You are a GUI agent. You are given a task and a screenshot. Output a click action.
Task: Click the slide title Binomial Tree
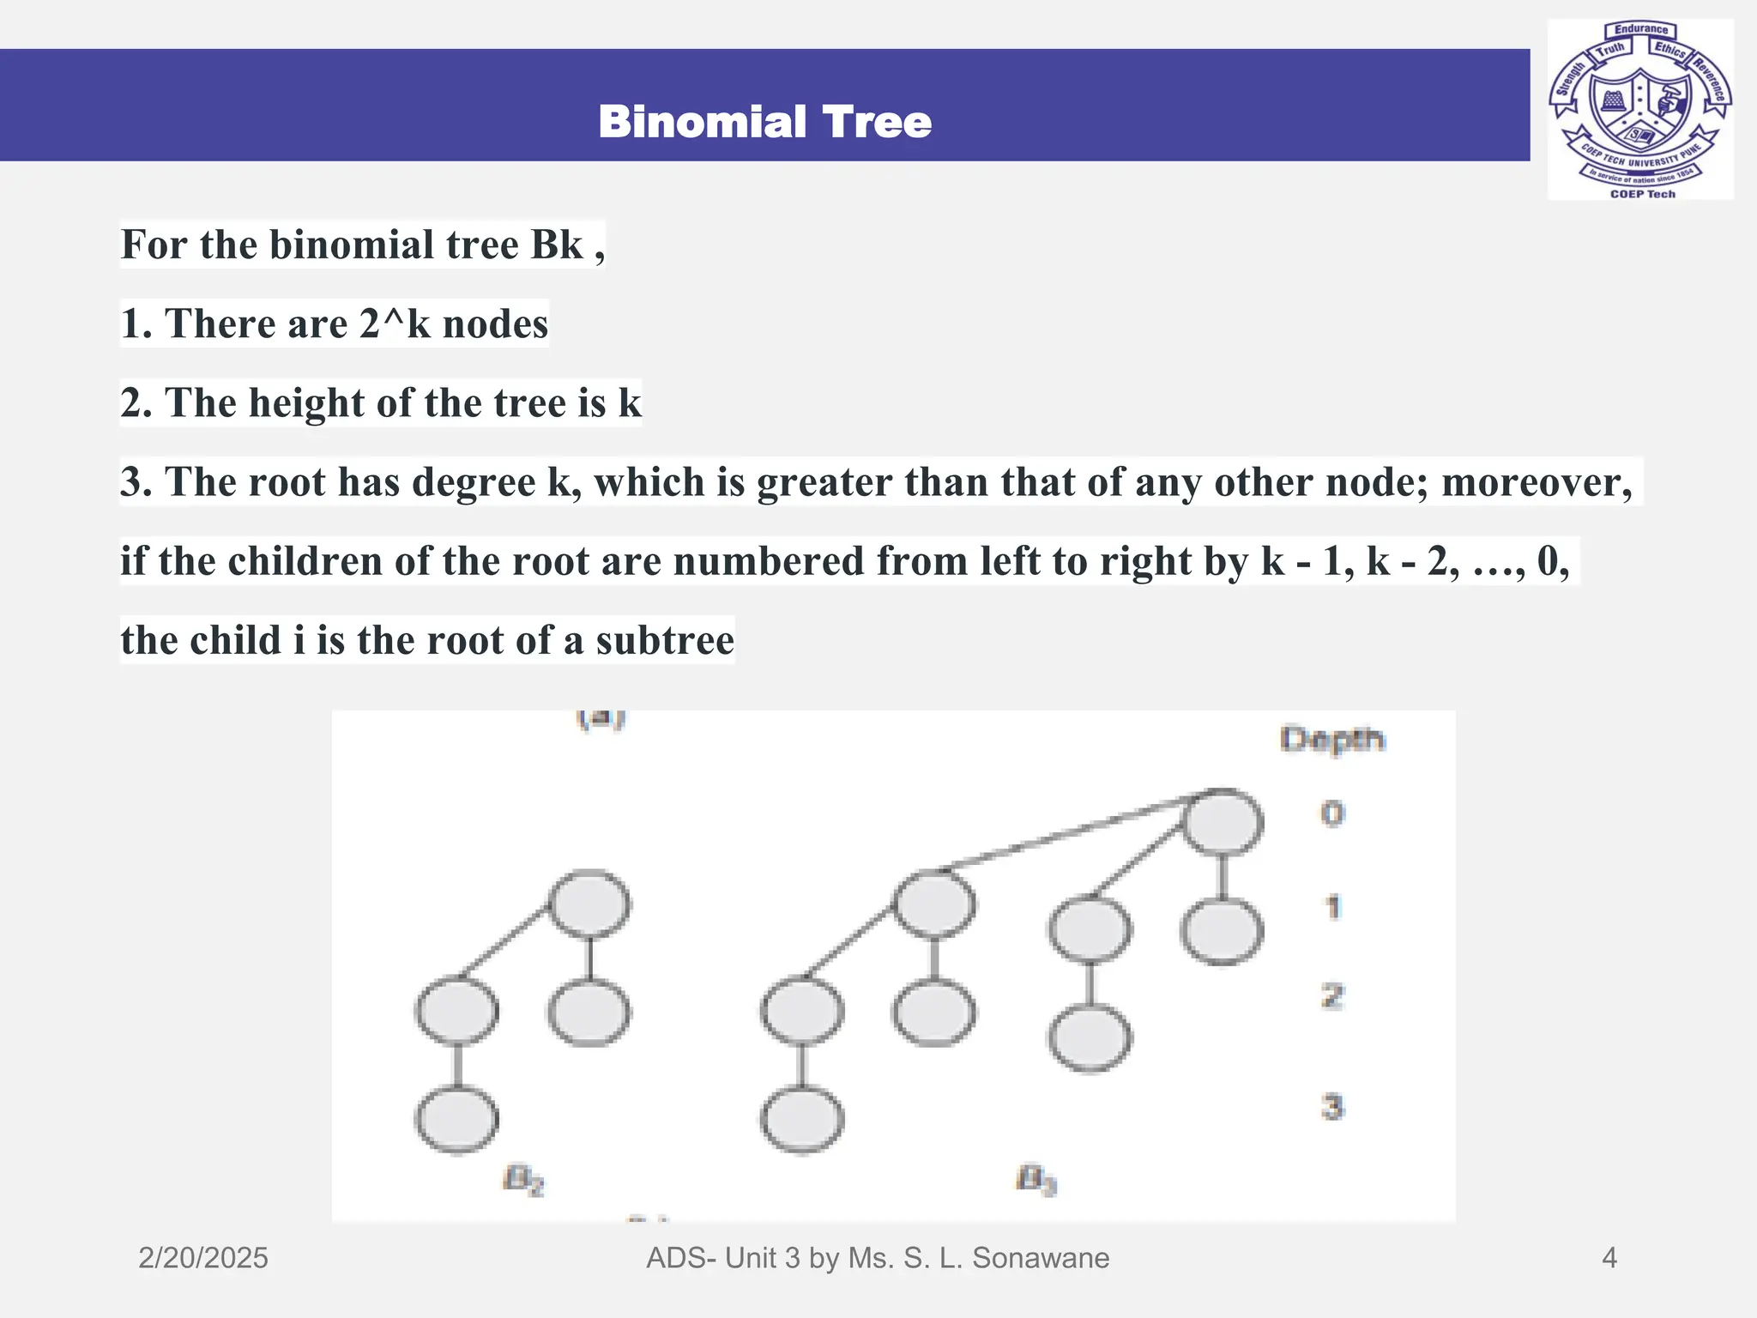pyautogui.click(x=764, y=122)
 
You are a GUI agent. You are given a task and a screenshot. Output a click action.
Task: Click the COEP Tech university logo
pyautogui.click(x=1639, y=110)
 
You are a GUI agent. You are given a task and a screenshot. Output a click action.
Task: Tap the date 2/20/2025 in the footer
pyautogui.click(x=203, y=1258)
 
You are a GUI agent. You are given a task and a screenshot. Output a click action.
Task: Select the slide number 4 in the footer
pyautogui.click(x=1609, y=1258)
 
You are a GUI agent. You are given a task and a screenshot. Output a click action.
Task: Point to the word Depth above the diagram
pyautogui.click(x=1331, y=739)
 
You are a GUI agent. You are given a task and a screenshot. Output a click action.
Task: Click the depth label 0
pyautogui.click(x=1332, y=813)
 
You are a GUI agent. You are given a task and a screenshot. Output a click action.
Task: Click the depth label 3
pyautogui.click(x=1332, y=1107)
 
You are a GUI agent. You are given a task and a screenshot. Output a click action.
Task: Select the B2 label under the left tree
pyautogui.click(x=523, y=1181)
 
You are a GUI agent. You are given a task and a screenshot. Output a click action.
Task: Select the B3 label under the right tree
pyautogui.click(x=1036, y=1181)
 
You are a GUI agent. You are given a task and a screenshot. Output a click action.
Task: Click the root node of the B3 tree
pyautogui.click(x=1223, y=821)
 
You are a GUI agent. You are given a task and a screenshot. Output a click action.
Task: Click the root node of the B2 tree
pyautogui.click(x=589, y=904)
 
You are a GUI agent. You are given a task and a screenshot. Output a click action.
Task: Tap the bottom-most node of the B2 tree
pyautogui.click(x=456, y=1119)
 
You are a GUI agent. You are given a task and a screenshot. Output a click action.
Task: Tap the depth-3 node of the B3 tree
pyautogui.click(x=802, y=1119)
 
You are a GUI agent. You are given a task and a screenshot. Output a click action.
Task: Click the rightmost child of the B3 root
pyautogui.click(x=1222, y=931)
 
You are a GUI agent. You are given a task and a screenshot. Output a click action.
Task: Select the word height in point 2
pyautogui.click(x=306, y=403)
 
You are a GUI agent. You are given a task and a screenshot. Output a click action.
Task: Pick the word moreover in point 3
pyautogui.click(x=1536, y=482)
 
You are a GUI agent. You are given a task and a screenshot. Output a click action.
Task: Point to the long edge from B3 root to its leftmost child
pyautogui.click(x=1064, y=831)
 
